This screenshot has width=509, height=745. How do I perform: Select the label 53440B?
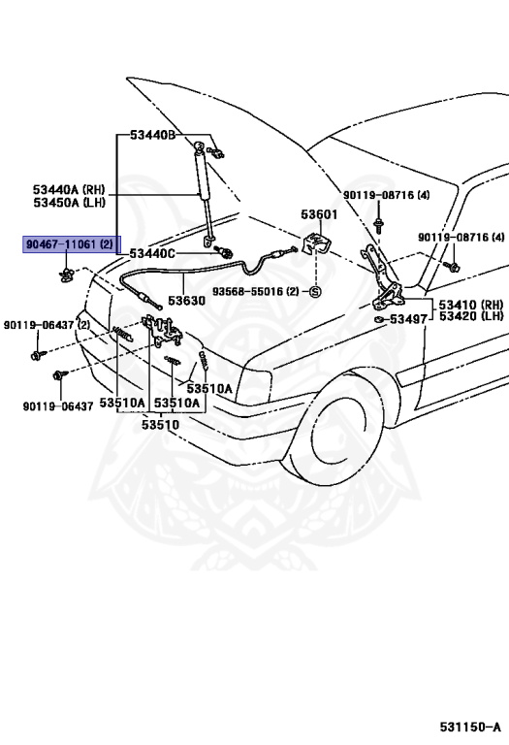click(145, 137)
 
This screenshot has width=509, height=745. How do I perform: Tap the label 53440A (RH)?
click(68, 190)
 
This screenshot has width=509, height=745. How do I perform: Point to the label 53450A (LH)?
click(68, 203)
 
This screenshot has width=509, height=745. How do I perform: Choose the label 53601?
click(318, 215)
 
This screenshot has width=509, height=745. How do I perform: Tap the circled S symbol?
click(315, 291)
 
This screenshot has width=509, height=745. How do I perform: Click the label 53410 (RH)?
click(471, 304)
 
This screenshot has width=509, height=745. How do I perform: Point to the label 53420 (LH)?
click(471, 316)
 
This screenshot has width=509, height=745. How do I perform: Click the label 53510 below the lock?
click(160, 424)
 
